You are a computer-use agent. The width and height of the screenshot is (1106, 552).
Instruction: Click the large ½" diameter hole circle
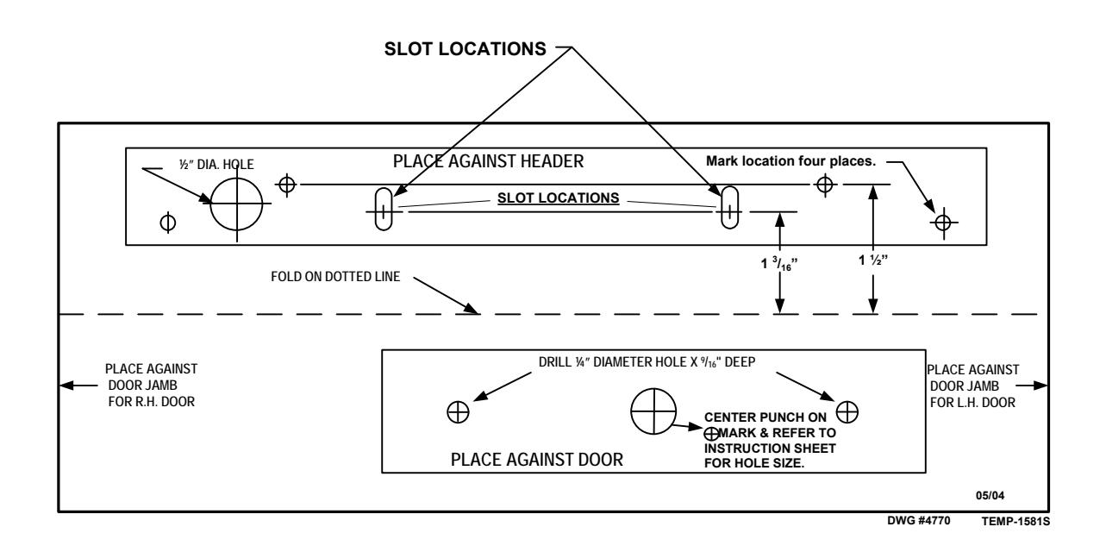tap(211, 204)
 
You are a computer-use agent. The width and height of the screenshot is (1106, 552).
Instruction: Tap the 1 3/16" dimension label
tap(779, 263)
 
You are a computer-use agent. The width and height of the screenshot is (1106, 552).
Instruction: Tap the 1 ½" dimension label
tap(873, 260)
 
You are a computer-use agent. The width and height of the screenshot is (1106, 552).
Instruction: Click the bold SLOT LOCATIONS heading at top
tap(466, 49)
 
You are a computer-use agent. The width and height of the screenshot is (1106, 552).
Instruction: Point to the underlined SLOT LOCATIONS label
tap(558, 198)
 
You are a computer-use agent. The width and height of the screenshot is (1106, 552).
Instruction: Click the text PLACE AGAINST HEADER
tap(488, 161)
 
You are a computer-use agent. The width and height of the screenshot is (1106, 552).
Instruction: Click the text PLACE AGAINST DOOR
tap(537, 460)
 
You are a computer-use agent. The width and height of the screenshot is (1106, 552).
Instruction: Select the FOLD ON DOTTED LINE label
tap(335, 276)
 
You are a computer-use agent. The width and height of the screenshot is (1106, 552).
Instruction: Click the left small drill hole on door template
tap(458, 412)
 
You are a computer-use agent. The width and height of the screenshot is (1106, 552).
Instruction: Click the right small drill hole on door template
tap(847, 412)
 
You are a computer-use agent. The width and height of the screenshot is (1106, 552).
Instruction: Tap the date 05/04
tap(990, 496)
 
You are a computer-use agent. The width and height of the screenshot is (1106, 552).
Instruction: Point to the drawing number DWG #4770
tap(918, 521)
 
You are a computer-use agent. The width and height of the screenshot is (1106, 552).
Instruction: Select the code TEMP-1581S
tap(1015, 521)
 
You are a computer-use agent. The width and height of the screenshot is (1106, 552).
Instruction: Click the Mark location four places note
tap(790, 161)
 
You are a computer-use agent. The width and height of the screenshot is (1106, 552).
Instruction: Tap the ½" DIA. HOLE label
tap(216, 165)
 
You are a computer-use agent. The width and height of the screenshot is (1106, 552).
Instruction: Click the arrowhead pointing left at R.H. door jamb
tap(66, 386)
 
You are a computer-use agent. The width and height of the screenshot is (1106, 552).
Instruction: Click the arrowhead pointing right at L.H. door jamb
tap(1040, 386)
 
